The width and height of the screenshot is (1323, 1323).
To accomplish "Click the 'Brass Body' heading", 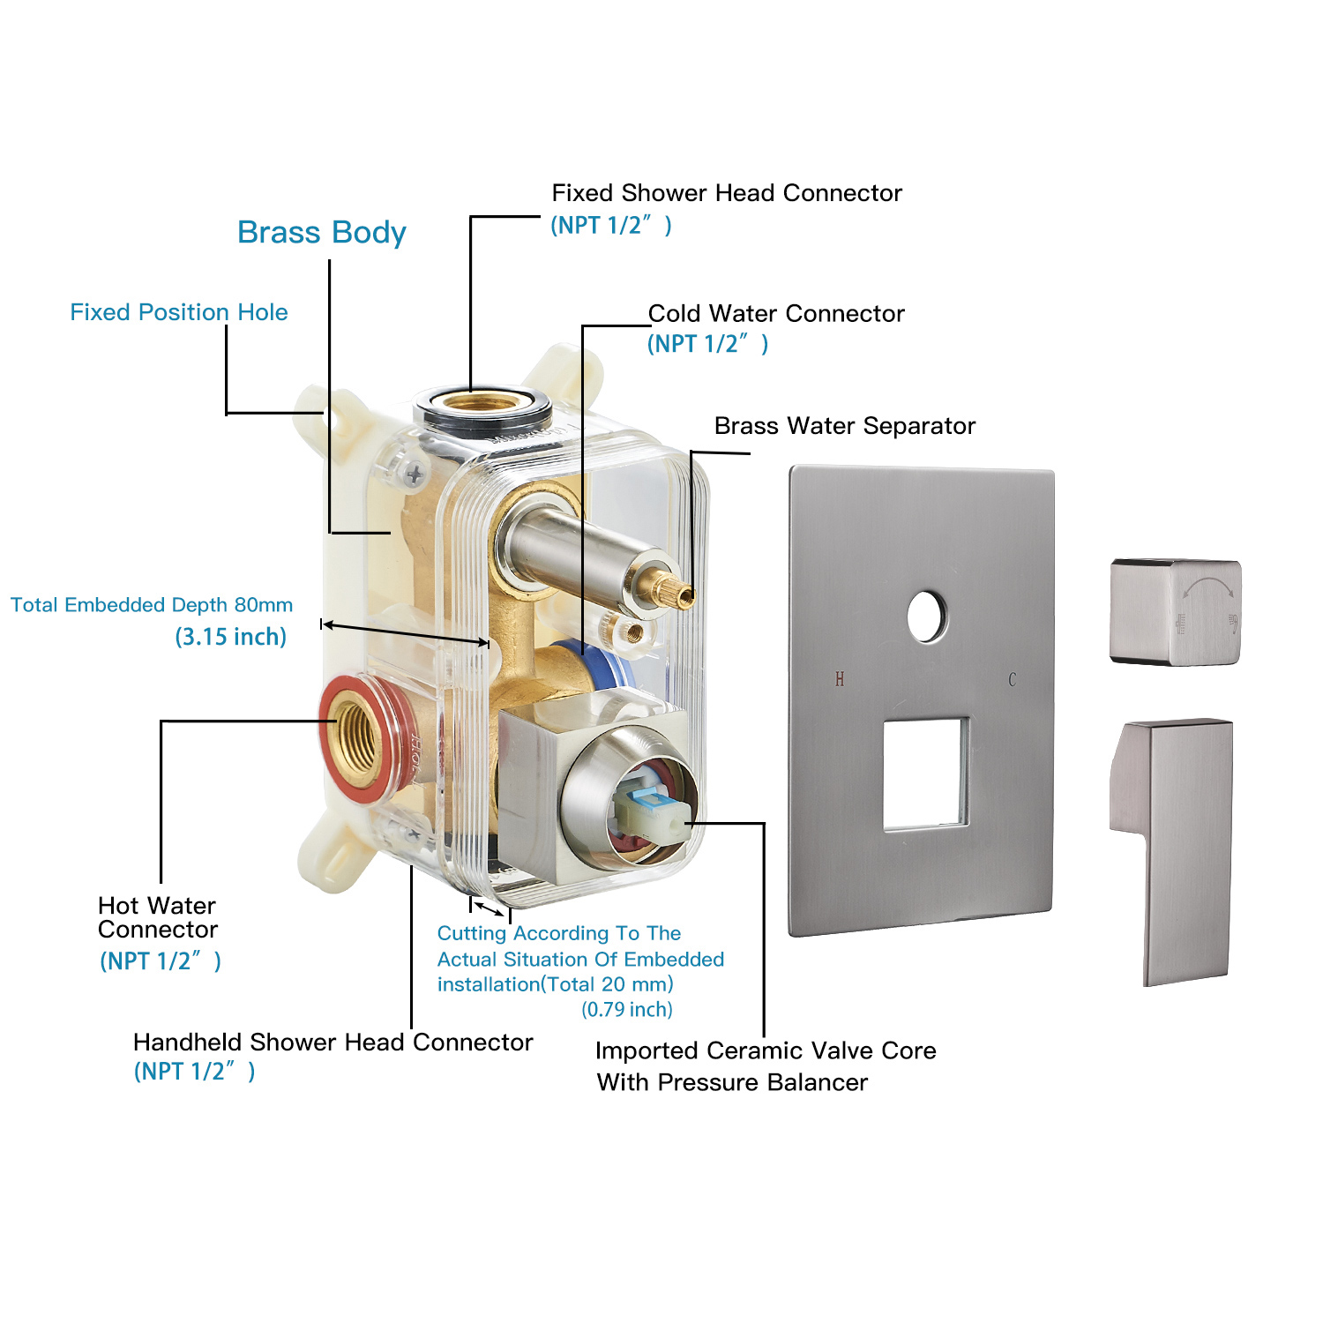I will (322, 233).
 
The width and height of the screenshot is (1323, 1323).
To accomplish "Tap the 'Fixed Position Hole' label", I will (179, 312).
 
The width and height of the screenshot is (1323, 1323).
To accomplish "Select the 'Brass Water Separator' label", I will (844, 426).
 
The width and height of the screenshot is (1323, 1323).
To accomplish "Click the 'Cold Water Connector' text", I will (776, 314).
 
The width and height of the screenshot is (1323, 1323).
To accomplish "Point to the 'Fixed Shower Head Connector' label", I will (727, 193).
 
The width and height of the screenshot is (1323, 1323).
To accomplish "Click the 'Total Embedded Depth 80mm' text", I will (152, 605).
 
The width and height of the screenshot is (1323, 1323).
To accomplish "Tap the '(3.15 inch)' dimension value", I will (231, 637).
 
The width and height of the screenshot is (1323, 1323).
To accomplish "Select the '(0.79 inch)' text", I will (627, 1010).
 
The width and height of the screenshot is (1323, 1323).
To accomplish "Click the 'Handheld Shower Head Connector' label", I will (333, 1043).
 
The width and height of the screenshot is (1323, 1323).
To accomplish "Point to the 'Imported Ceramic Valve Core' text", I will (766, 1051).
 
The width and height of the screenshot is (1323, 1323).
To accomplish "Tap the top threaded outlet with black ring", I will (481, 405).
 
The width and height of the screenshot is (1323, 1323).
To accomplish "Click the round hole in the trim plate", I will (926, 616).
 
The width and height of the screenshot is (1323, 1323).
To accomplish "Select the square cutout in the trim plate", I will (926, 774).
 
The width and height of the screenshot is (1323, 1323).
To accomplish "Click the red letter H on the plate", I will (840, 679).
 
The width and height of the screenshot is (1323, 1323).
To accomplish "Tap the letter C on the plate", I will (1012, 679).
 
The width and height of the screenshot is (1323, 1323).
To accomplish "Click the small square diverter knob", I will (1175, 612).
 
